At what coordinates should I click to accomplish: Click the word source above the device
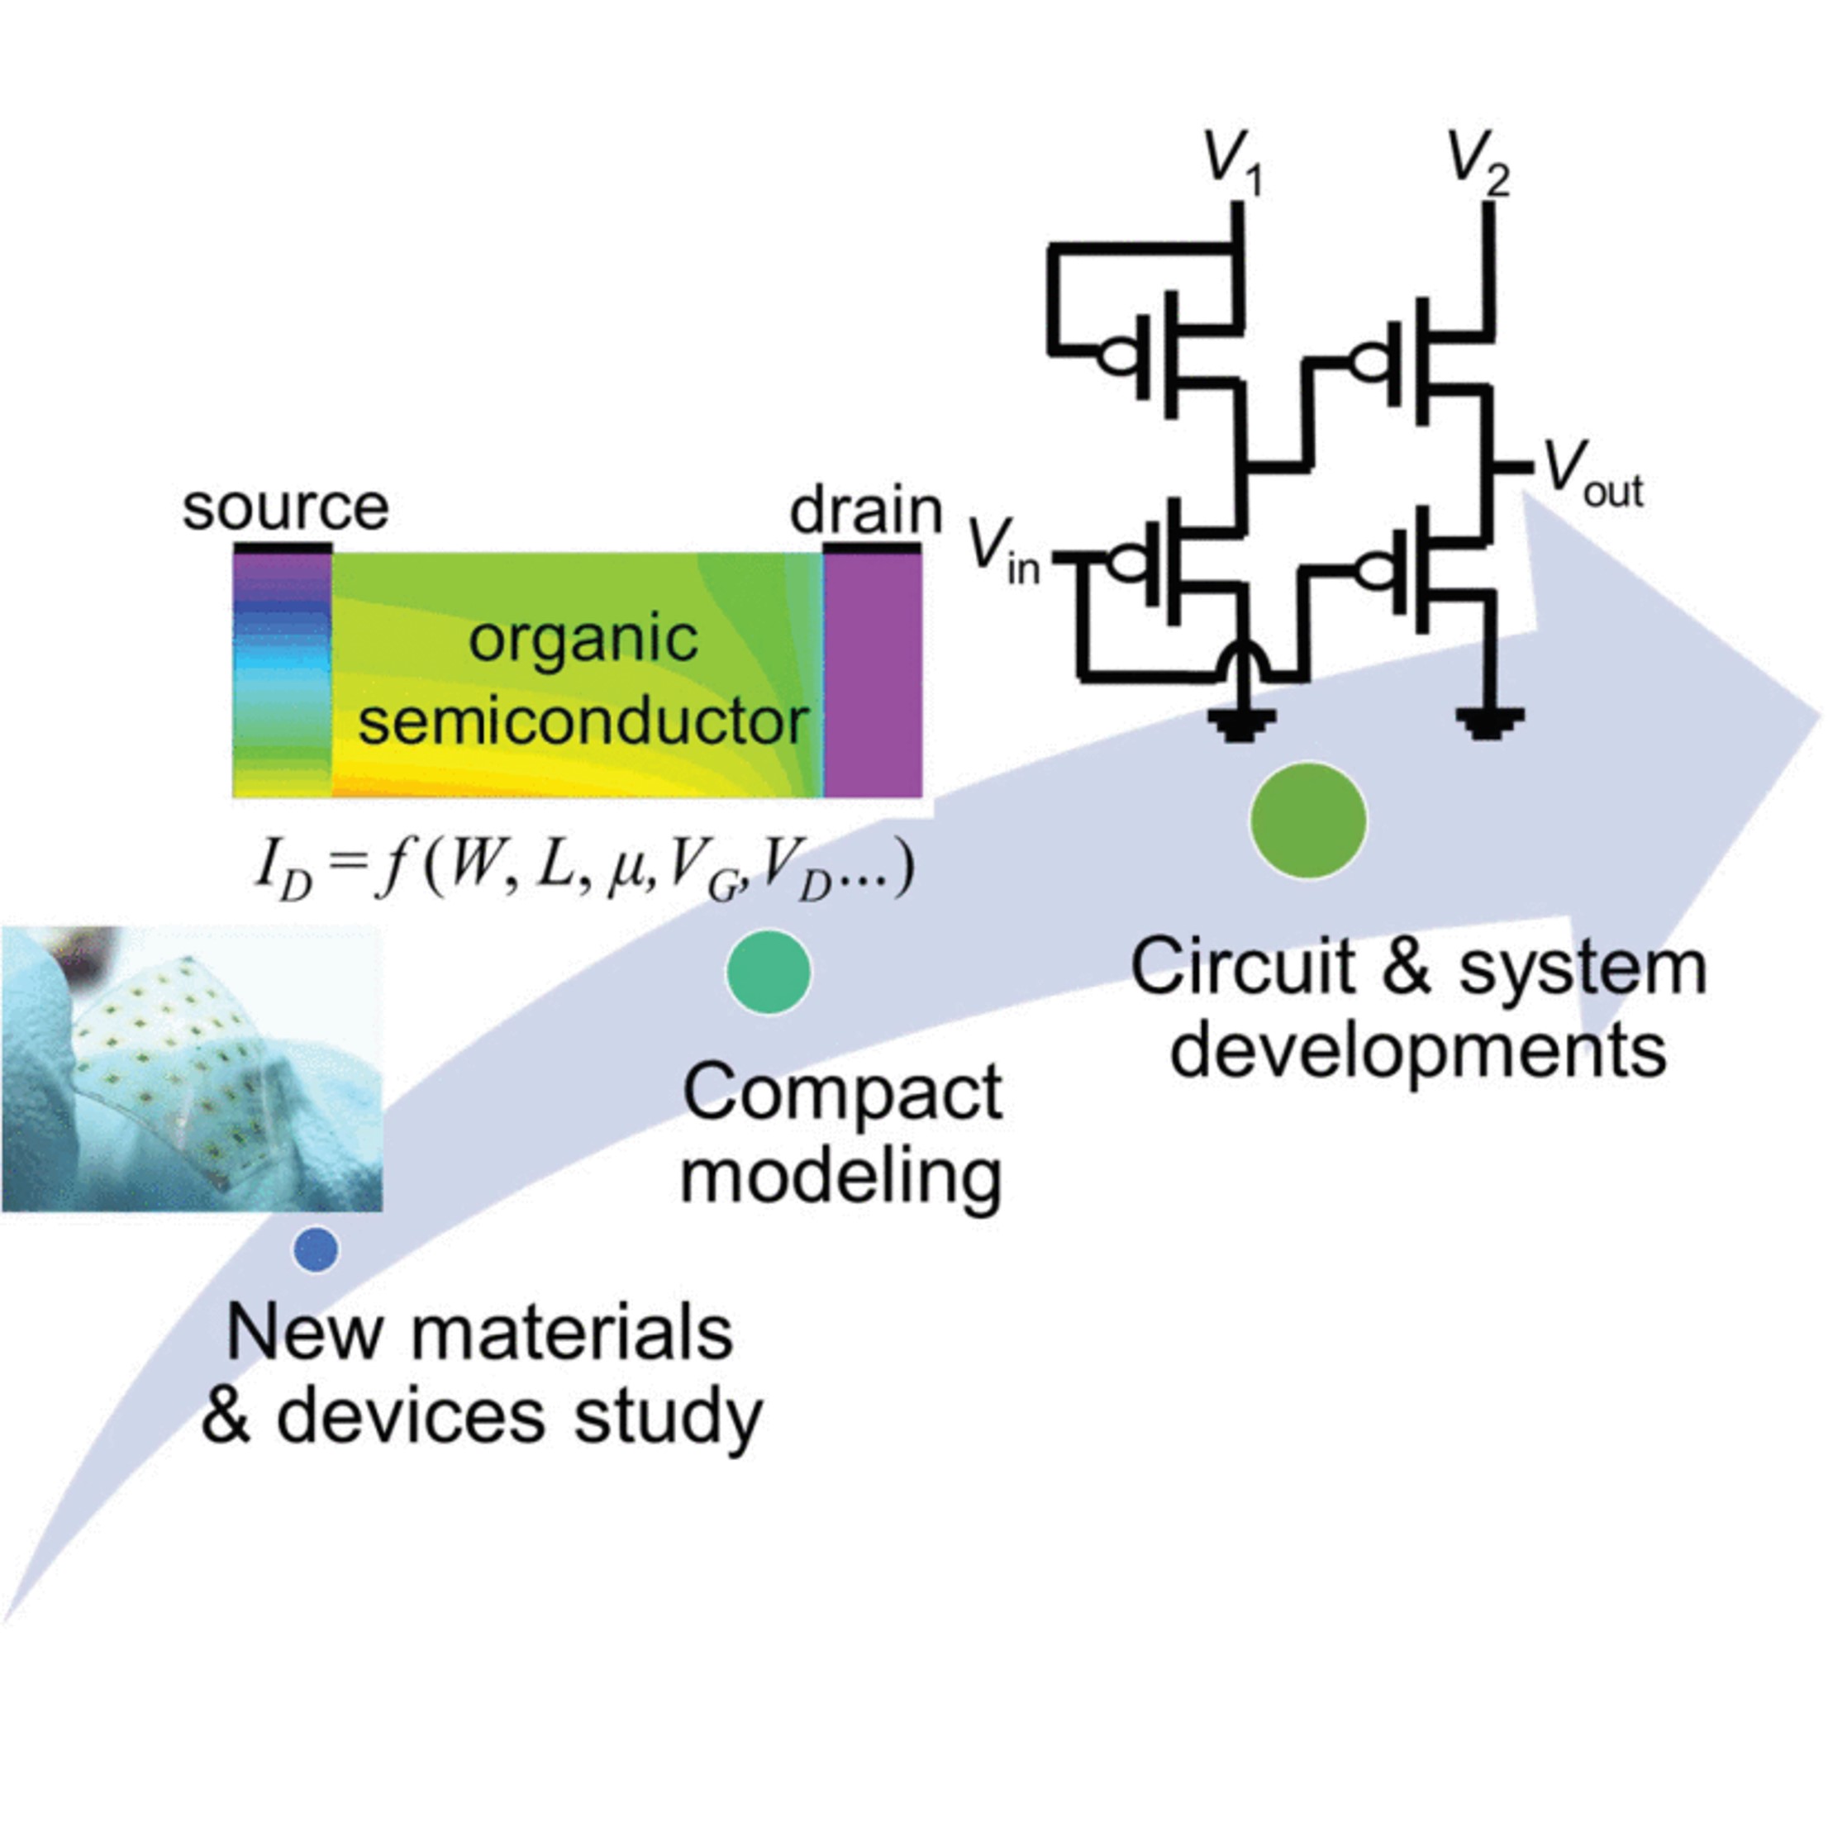(x=285, y=508)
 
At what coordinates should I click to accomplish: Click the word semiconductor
(x=583, y=722)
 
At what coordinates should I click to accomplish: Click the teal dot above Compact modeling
(x=769, y=972)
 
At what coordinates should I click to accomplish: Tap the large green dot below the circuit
(x=1307, y=820)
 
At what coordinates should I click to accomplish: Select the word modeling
(x=842, y=1178)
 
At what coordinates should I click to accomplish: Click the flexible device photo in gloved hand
(x=191, y=1068)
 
